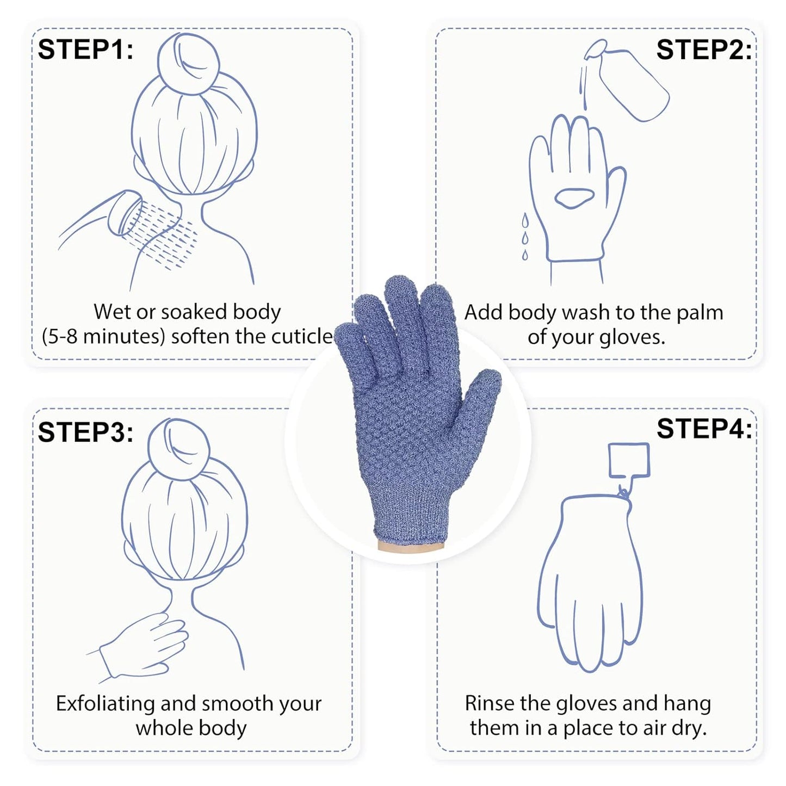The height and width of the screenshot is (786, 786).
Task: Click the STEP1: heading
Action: coord(85,49)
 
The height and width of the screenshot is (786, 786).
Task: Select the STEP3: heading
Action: coord(85,432)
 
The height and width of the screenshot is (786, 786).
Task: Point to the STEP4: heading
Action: coord(704,429)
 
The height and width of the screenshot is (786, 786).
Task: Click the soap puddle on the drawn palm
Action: coord(574,197)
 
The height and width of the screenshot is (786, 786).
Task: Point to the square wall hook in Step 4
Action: coord(629,460)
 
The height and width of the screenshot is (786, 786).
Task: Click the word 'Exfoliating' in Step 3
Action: coord(106,703)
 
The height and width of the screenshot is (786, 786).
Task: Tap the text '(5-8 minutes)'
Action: coord(103,336)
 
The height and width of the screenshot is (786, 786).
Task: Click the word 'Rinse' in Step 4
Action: coord(490,703)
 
